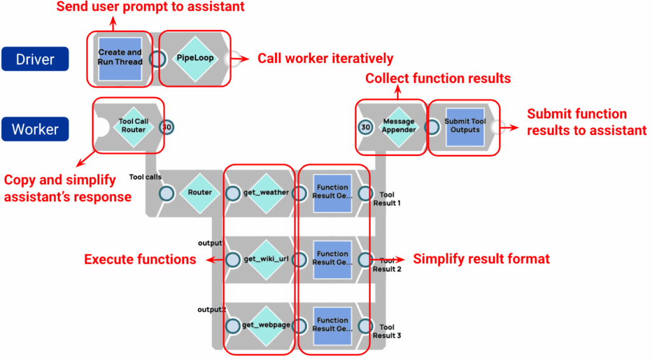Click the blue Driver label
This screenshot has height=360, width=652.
click(36, 60)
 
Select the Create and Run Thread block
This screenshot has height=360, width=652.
click(120, 57)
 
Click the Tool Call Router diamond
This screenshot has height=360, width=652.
click(133, 126)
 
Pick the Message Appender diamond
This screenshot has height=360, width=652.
click(399, 126)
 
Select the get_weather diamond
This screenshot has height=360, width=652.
click(266, 192)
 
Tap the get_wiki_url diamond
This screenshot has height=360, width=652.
click(266, 259)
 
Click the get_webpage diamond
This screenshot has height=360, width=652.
click(266, 325)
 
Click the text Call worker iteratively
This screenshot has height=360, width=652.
click(325, 59)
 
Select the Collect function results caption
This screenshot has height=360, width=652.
click(437, 79)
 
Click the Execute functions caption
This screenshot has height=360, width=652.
click(140, 259)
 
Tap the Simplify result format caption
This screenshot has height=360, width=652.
click(481, 259)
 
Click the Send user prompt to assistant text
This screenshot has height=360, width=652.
click(150, 8)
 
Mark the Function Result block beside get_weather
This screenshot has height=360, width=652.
click(332, 192)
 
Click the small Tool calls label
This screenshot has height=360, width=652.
click(145, 176)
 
